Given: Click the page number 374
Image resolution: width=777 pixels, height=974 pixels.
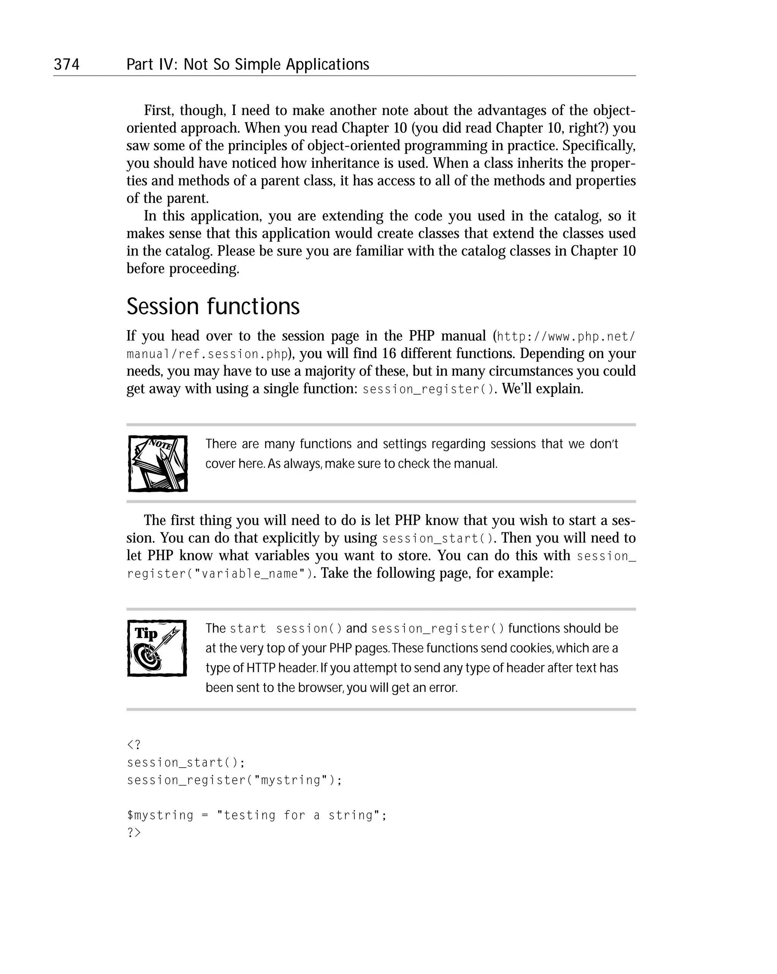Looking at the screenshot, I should click(x=66, y=65).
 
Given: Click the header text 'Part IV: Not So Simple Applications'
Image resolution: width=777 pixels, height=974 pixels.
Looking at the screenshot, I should click(x=248, y=65).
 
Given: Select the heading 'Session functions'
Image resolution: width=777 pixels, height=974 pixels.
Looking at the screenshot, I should click(x=213, y=307).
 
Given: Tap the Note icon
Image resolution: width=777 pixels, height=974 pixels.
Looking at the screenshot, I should click(x=158, y=464).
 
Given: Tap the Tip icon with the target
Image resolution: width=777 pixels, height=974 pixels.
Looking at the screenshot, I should click(x=157, y=648).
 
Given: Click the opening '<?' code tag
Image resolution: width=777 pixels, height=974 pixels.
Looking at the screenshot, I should click(x=134, y=744).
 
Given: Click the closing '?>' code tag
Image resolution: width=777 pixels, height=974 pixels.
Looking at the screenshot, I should click(x=134, y=832).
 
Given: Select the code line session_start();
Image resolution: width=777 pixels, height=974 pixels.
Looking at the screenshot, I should click(x=186, y=763).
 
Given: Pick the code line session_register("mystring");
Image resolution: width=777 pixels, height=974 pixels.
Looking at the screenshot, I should click(x=234, y=780).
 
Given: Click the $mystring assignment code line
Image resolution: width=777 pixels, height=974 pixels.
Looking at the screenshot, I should click(x=256, y=815).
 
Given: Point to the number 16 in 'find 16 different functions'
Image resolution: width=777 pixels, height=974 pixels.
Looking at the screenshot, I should click(x=388, y=353).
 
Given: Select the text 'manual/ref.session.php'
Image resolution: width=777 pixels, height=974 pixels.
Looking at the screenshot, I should click(x=208, y=354).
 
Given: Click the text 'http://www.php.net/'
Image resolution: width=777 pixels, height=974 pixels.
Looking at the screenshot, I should click(x=566, y=337).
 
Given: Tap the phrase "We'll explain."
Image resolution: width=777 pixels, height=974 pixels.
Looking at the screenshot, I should click(x=543, y=389).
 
